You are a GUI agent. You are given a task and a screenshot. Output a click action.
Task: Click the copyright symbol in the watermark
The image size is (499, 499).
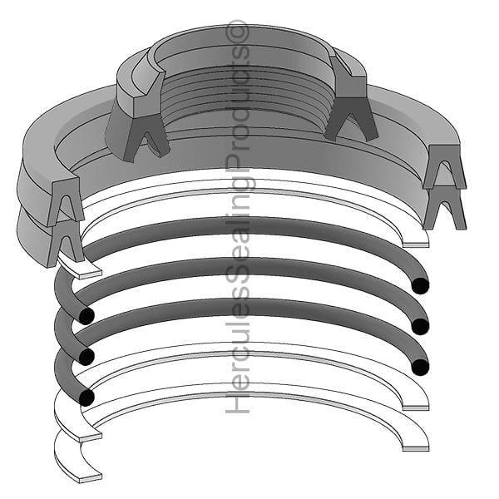coord(237,32)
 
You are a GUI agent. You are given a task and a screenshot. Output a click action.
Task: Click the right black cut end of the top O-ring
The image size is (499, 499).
coord(420,285)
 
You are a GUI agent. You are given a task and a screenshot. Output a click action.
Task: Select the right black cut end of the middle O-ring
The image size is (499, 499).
coord(420,326)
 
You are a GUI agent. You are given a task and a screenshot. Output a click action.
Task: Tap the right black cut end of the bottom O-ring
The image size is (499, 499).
coord(420,367)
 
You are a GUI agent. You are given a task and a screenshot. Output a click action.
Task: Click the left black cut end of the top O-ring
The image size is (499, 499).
coord(86,316)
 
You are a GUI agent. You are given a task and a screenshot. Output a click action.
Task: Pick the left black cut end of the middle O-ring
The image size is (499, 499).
coord(86,357)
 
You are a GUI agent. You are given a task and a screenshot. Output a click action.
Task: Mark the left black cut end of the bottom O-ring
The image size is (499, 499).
coord(86,398)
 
